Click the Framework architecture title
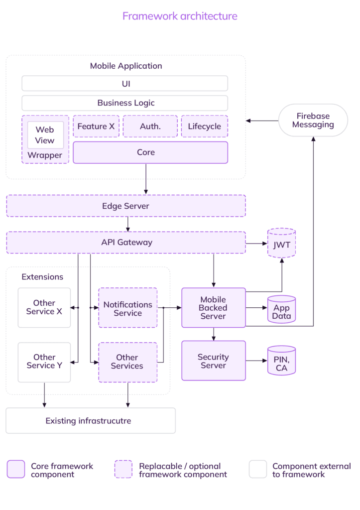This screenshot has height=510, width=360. [180, 16]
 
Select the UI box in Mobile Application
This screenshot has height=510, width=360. [124, 83]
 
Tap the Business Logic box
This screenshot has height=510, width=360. [124, 103]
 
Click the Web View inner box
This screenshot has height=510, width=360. [45, 135]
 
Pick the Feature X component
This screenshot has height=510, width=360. [96, 127]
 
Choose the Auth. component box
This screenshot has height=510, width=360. [150, 127]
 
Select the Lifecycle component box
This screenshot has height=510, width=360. [204, 127]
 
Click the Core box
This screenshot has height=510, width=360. [150, 152]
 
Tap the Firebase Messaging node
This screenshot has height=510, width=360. [313, 120]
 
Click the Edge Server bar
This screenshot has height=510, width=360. [125, 206]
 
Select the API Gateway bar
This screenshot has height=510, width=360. [125, 243]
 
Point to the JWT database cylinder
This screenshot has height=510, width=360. [281, 244]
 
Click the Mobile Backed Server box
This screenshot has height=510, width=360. [213, 308]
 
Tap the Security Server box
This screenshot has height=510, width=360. [213, 361]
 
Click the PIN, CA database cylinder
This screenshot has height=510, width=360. [281, 361]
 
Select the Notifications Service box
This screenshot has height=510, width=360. [127, 308]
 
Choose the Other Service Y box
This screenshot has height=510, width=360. [44, 361]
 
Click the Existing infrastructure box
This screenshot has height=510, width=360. [90, 421]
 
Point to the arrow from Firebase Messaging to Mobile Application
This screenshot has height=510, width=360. [262, 121]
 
